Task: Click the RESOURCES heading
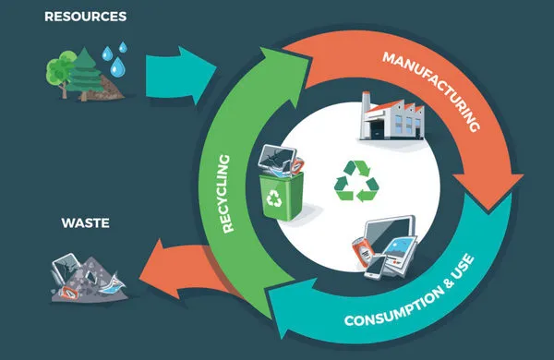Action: click(86, 17)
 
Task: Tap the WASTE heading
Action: click(86, 223)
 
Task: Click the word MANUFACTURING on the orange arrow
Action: click(431, 91)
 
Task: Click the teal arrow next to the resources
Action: click(181, 76)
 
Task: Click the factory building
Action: click(391, 116)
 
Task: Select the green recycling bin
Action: click(282, 196)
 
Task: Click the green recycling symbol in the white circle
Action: click(356, 181)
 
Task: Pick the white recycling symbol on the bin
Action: click(274, 198)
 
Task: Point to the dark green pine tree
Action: click(85, 74)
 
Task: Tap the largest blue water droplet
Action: click(117, 67)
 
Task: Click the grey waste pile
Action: click(89, 279)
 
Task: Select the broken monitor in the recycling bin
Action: click(277, 158)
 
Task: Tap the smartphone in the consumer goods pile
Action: click(376, 268)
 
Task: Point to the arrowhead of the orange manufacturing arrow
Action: click(488, 191)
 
